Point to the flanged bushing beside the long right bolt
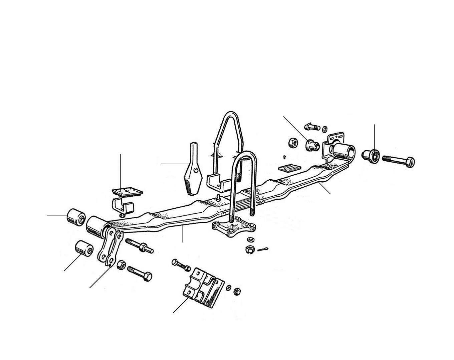(x=371, y=155)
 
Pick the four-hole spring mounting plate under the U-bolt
(x=234, y=227)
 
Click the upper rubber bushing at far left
(x=76, y=217)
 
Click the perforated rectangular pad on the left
(x=127, y=193)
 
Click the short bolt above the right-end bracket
(x=312, y=127)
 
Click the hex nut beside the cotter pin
(x=249, y=249)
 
